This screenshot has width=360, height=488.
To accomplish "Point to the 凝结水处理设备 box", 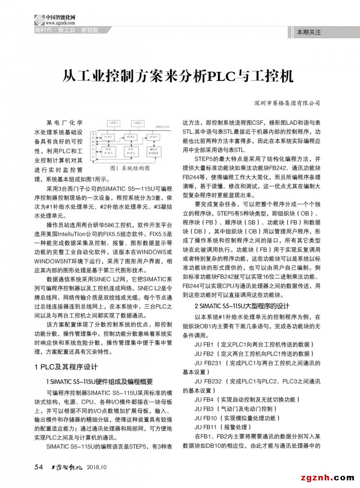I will (x=153, y=152).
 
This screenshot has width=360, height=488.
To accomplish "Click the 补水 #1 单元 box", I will (x=108, y=152).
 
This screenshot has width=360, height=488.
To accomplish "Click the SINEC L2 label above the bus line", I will (x=162, y=127).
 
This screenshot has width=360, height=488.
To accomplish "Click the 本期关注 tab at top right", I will (x=309, y=32).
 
